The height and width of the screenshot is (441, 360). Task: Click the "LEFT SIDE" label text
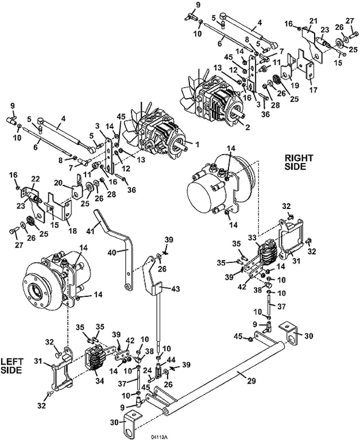tap(11, 366)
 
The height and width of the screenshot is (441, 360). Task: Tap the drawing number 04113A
tap(159, 437)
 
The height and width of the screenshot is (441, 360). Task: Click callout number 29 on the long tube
tap(251, 381)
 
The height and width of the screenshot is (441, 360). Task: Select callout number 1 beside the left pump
tap(197, 145)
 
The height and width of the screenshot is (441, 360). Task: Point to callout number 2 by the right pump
tap(247, 127)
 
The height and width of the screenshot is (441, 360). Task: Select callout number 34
tap(99, 381)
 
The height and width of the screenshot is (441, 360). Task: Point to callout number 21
tap(313, 21)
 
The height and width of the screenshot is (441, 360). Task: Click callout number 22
tap(36, 179)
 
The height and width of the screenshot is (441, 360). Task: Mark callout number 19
tap(295, 85)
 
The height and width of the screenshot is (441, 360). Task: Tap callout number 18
tap(72, 231)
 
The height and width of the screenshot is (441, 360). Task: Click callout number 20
tap(59, 183)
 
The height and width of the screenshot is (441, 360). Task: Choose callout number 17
tap(313, 90)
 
